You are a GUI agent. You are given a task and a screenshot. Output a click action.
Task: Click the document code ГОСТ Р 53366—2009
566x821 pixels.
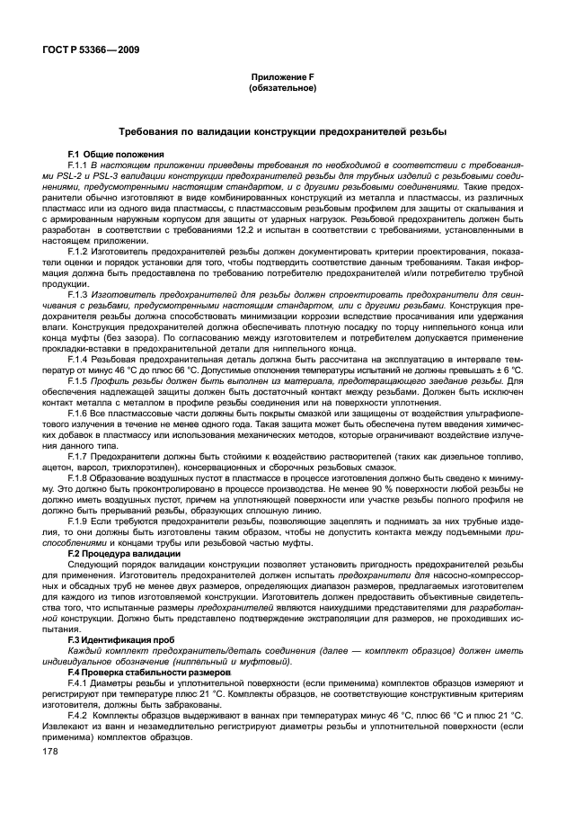coord(86,50)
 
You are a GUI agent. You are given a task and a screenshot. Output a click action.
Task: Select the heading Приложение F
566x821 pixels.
coord(283,80)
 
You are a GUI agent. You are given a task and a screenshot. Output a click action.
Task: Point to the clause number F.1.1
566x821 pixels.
coord(80,165)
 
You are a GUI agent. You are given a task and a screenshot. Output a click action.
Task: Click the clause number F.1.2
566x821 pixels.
coord(80,247)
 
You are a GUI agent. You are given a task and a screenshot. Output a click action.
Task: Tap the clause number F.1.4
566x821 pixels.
coord(80,358)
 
